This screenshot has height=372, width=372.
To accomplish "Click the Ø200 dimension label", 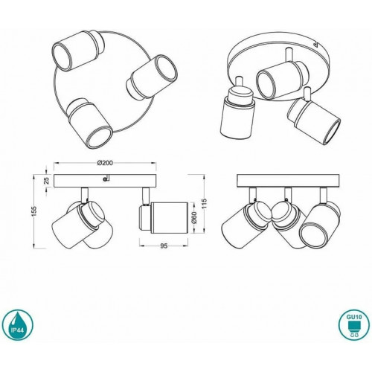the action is pos(105,163).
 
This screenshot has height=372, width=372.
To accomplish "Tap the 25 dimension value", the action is pos(47,181).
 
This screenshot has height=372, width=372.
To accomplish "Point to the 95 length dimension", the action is pos(164,246).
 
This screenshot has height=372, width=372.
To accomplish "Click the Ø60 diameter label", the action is pos(194,218).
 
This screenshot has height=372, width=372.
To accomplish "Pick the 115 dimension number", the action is pos(205,204).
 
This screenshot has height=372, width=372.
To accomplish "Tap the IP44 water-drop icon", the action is pos(17,324).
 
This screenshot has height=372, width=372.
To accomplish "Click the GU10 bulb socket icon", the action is pos(354,324).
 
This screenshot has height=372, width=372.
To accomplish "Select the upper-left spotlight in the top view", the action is pos(78,51).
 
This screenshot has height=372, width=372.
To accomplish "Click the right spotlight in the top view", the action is pos(152,77).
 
